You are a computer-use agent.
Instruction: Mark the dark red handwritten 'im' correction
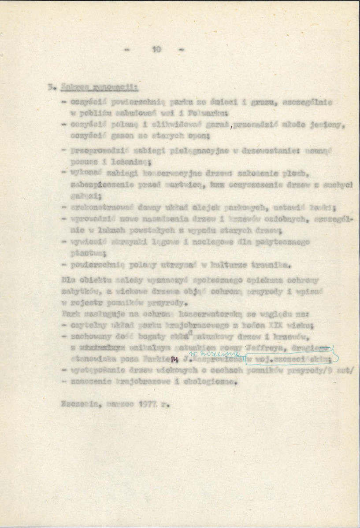click(175, 361)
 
